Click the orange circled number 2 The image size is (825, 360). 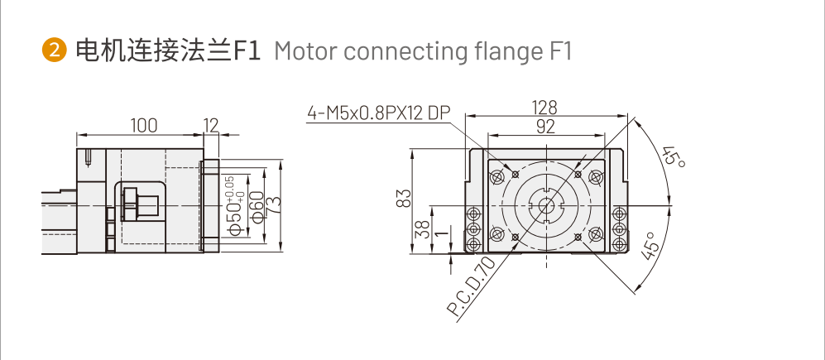pyautogui.click(x=55, y=51)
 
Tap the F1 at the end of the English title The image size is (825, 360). pyautogui.click(x=560, y=51)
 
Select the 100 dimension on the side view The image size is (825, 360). pyautogui.click(x=144, y=125)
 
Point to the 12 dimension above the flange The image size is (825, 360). pyautogui.click(x=211, y=125)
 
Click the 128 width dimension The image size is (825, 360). pyautogui.click(x=544, y=108)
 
